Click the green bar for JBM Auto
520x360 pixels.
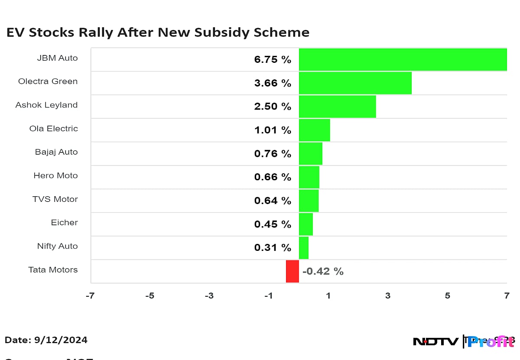[x=403, y=59]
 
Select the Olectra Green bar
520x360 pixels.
[x=355, y=83]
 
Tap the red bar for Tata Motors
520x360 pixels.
[x=292, y=271]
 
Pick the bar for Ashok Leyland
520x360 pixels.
[x=337, y=107]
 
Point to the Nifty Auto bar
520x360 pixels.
[x=303, y=247]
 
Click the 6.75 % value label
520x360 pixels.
[x=273, y=60]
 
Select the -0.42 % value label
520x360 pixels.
[x=323, y=272]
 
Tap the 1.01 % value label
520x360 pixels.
[x=273, y=130]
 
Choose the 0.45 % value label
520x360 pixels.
[x=273, y=224]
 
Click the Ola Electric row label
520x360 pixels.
[x=54, y=129]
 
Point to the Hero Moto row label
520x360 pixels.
[x=55, y=175]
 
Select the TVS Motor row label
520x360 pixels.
[x=55, y=199]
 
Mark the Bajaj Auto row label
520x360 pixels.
[x=56, y=152]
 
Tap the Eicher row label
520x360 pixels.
[x=64, y=223]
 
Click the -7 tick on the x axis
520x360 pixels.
[x=90, y=296]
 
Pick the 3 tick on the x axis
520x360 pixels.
[x=388, y=296]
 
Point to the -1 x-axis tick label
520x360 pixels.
[x=269, y=296]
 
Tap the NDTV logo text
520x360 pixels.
[x=435, y=342]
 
